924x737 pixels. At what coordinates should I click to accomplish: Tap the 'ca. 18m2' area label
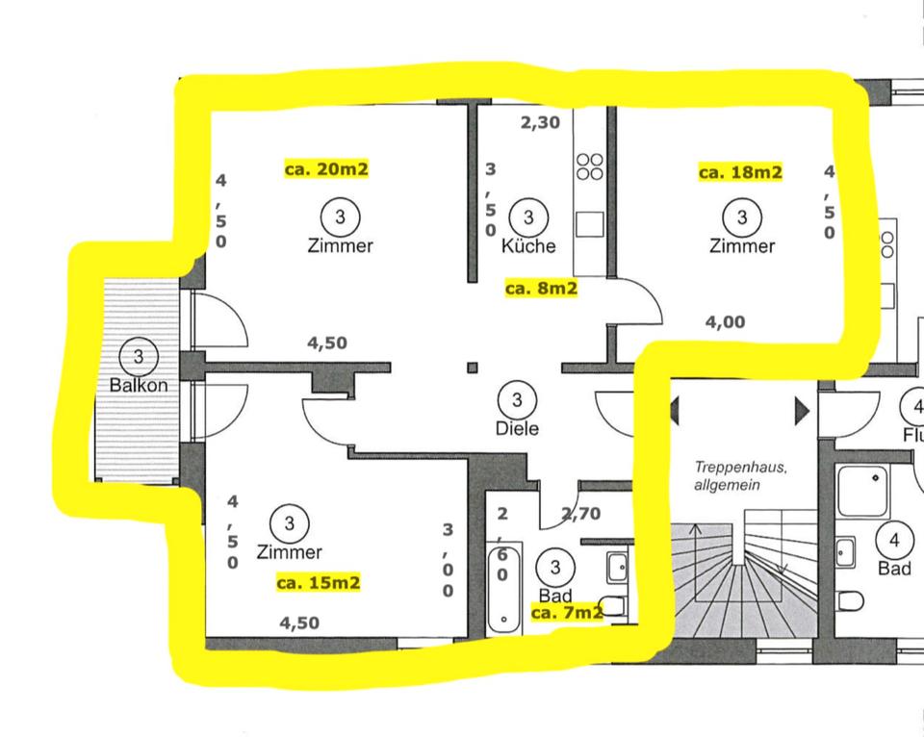click(x=739, y=172)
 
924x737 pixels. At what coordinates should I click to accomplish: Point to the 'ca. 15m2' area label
click(x=318, y=582)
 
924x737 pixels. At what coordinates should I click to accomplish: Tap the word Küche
click(x=528, y=245)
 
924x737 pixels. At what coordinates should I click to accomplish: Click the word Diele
click(x=517, y=429)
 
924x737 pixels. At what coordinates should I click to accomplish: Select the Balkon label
click(x=139, y=385)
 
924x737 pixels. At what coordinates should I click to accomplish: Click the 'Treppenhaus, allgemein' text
click(x=741, y=476)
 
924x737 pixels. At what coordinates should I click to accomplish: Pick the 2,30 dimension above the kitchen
click(x=539, y=122)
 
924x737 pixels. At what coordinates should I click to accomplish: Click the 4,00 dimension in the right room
click(x=725, y=322)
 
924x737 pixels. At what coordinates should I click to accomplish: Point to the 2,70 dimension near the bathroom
click(x=580, y=513)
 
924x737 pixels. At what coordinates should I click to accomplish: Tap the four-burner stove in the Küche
click(x=589, y=166)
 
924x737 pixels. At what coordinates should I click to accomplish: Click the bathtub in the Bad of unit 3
click(x=503, y=588)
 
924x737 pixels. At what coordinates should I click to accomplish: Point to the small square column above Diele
click(x=472, y=367)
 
